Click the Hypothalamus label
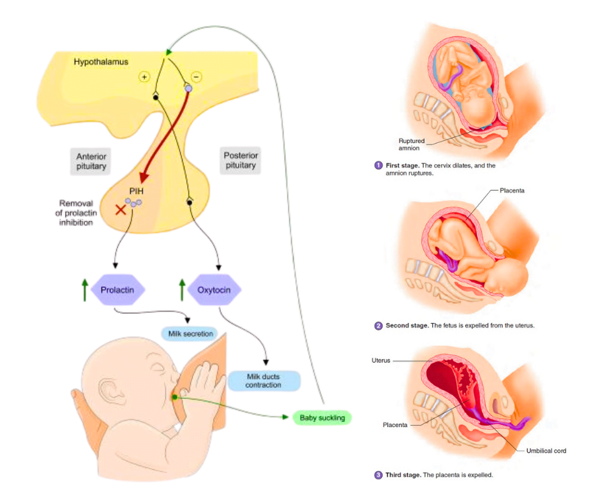coord(101,62)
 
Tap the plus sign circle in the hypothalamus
coord(144,77)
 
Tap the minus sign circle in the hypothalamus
coord(195,77)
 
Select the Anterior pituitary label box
coord(91,161)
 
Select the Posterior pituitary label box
coord(240,161)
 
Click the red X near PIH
coord(120,210)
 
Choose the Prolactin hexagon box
coord(117,290)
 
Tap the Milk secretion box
coord(190,334)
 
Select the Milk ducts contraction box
coord(263,381)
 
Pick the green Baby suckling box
coord(322,418)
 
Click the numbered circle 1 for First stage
coord(379,166)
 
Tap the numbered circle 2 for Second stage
coord(379,326)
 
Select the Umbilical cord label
coord(546,451)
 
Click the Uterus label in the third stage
coord(381,361)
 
